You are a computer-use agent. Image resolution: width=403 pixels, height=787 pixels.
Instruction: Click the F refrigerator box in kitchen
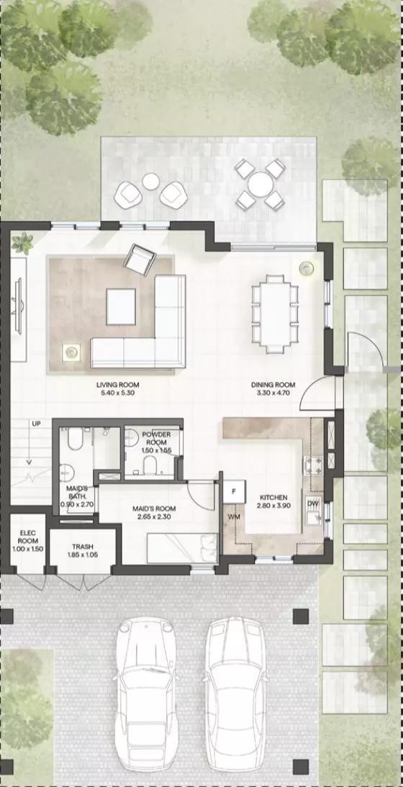tap(234, 491)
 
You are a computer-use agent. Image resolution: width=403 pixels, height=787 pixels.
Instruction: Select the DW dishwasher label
tap(312, 503)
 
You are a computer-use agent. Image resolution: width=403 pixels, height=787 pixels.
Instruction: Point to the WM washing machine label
tap(234, 517)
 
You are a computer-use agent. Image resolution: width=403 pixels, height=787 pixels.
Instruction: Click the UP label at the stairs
tap(36, 424)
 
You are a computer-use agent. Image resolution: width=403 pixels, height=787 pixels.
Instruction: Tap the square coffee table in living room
tap(121, 306)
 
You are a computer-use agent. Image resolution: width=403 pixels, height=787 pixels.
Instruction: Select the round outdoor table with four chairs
tap(261, 184)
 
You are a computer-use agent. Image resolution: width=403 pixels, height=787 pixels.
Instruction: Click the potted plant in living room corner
tap(22, 243)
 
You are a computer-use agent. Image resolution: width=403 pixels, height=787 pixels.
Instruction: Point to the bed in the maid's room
tap(181, 548)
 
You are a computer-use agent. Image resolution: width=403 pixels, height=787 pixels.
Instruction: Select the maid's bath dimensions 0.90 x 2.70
tap(77, 504)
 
